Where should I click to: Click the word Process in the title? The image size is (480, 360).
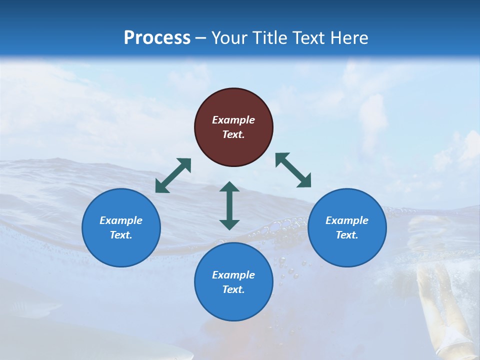[x=157, y=38]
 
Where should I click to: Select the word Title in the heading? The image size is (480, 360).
[x=270, y=38]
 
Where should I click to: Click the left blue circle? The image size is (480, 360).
[x=121, y=227]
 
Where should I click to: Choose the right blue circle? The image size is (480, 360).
[x=347, y=227]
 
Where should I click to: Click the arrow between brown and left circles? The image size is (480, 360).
[x=173, y=175]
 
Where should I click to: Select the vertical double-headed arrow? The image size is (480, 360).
[x=229, y=205]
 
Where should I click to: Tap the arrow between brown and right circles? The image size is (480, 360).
[x=293, y=170]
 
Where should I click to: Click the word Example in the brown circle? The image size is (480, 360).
[x=233, y=120]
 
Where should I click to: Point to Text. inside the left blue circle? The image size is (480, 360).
[x=121, y=235]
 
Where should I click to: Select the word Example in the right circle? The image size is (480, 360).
[x=347, y=220]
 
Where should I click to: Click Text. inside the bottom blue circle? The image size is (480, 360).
[x=233, y=289]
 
